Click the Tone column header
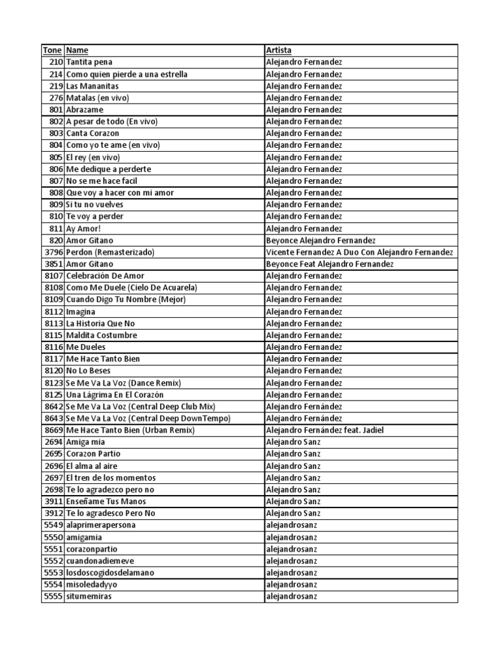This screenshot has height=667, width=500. coord(53,50)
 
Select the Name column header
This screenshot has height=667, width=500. coord(77,50)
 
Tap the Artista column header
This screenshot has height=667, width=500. coord(279,50)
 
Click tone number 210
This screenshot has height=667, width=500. coord(56,62)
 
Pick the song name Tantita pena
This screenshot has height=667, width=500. coord(89,62)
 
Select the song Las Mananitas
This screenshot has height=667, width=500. coord(92,86)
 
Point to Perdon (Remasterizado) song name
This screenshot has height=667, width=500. coord(109,252)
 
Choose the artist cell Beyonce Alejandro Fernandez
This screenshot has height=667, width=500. coord(320,240)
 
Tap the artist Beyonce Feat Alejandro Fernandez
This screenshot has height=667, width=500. coord(330,264)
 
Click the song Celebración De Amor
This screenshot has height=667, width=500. coord(105,276)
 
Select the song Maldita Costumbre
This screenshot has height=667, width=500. coord(102,335)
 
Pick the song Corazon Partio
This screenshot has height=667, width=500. coord(93,454)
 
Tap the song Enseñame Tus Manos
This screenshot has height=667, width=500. coord(106,502)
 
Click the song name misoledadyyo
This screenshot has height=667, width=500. coord(92,585)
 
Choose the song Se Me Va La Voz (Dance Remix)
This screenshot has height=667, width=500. coord(124,383)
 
